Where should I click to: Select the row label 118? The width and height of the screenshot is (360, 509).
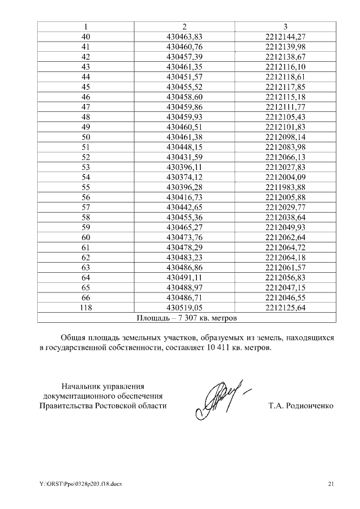click(x=85, y=308)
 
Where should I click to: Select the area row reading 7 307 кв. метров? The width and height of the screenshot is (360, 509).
click(x=187, y=318)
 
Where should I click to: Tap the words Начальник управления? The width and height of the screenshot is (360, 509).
click(x=103, y=386)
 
